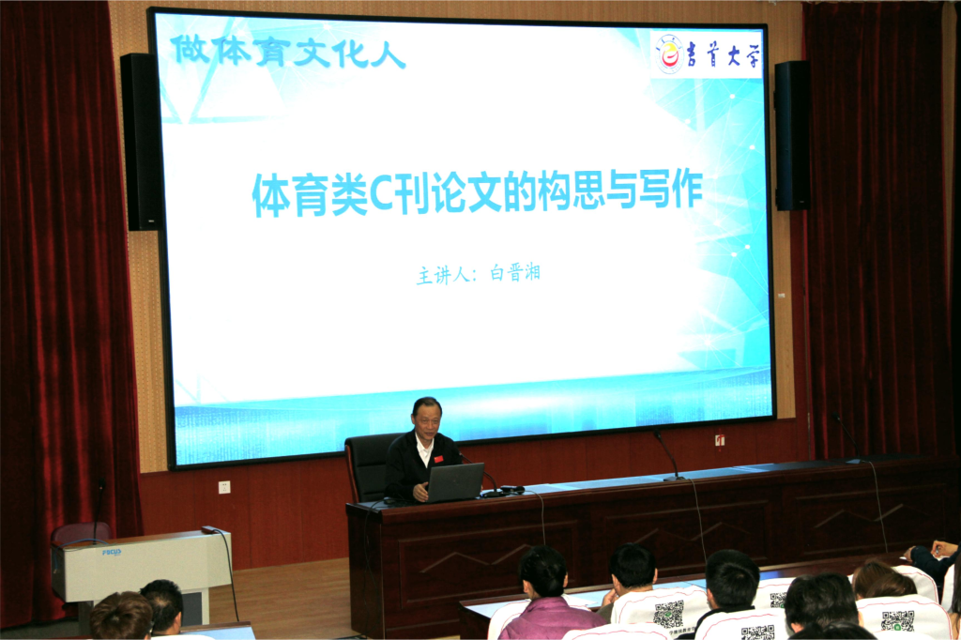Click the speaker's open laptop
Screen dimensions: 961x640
pyautogui.click(x=454, y=482)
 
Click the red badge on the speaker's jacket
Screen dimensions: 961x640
pyautogui.click(x=438, y=459)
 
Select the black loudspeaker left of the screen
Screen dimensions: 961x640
pyautogui.click(x=143, y=142)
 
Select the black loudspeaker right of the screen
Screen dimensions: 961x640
pyautogui.click(x=792, y=135)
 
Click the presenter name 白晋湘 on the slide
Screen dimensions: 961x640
pyautogui.click(x=515, y=273)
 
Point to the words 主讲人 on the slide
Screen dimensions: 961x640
pyautogui.click(x=443, y=275)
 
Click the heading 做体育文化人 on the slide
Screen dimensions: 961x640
pyautogui.click(x=287, y=52)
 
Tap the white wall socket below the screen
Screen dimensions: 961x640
pyautogui.click(x=224, y=487)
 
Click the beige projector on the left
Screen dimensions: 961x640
pyautogui.click(x=141, y=565)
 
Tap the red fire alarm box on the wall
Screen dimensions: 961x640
pyautogui.click(x=720, y=440)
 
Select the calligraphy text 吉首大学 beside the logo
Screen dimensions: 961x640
pyautogui.click(x=724, y=55)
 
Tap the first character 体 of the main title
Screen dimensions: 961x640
pyautogui.click(x=271, y=196)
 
